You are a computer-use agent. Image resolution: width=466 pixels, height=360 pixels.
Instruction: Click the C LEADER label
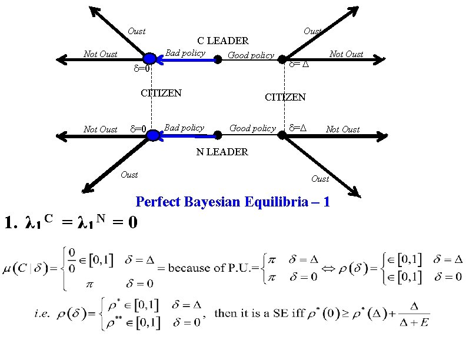pyautogui.click(x=223, y=41)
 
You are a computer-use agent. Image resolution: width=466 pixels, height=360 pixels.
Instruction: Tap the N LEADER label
pyautogui.click(x=222, y=152)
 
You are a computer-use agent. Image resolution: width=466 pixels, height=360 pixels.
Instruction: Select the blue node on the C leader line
pyautogui.click(x=149, y=59)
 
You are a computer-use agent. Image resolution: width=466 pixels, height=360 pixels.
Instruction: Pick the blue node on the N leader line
pyautogui.click(x=154, y=135)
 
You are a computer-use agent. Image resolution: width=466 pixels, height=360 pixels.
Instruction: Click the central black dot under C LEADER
pyautogui.click(x=218, y=59)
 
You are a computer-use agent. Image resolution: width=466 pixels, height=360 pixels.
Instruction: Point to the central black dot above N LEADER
pyautogui.click(x=218, y=135)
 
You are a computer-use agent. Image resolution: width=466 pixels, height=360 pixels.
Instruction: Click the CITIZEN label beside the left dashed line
pyautogui.click(x=161, y=93)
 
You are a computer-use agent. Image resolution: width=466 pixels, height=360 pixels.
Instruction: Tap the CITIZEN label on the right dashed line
pyautogui.click(x=285, y=97)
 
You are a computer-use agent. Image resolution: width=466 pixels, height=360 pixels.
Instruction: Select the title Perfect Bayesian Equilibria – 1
pyautogui.click(x=232, y=202)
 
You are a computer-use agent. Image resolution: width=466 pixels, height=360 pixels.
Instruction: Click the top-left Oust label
pyautogui.click(x=137, y=31)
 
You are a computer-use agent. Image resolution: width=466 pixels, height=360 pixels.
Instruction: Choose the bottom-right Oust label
pyautogui.click(x=320, y=179)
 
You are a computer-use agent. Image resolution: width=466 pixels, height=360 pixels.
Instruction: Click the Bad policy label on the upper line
pyautogui.click(x=185, y=53)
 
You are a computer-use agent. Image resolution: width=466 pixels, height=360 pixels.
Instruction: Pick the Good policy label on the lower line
pyautogui.click(x=252, y=128)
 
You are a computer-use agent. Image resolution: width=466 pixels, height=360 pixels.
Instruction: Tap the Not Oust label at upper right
pyautogui.click(x=346, y=54)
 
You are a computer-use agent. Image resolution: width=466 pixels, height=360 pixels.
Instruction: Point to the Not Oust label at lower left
pyautogui.click(x=101, y=129)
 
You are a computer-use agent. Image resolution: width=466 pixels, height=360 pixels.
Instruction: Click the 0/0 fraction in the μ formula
pyautogui.click(x=72, y=261)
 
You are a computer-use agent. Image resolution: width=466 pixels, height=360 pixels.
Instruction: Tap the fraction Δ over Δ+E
pyautogui.click(x=414, y=314)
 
